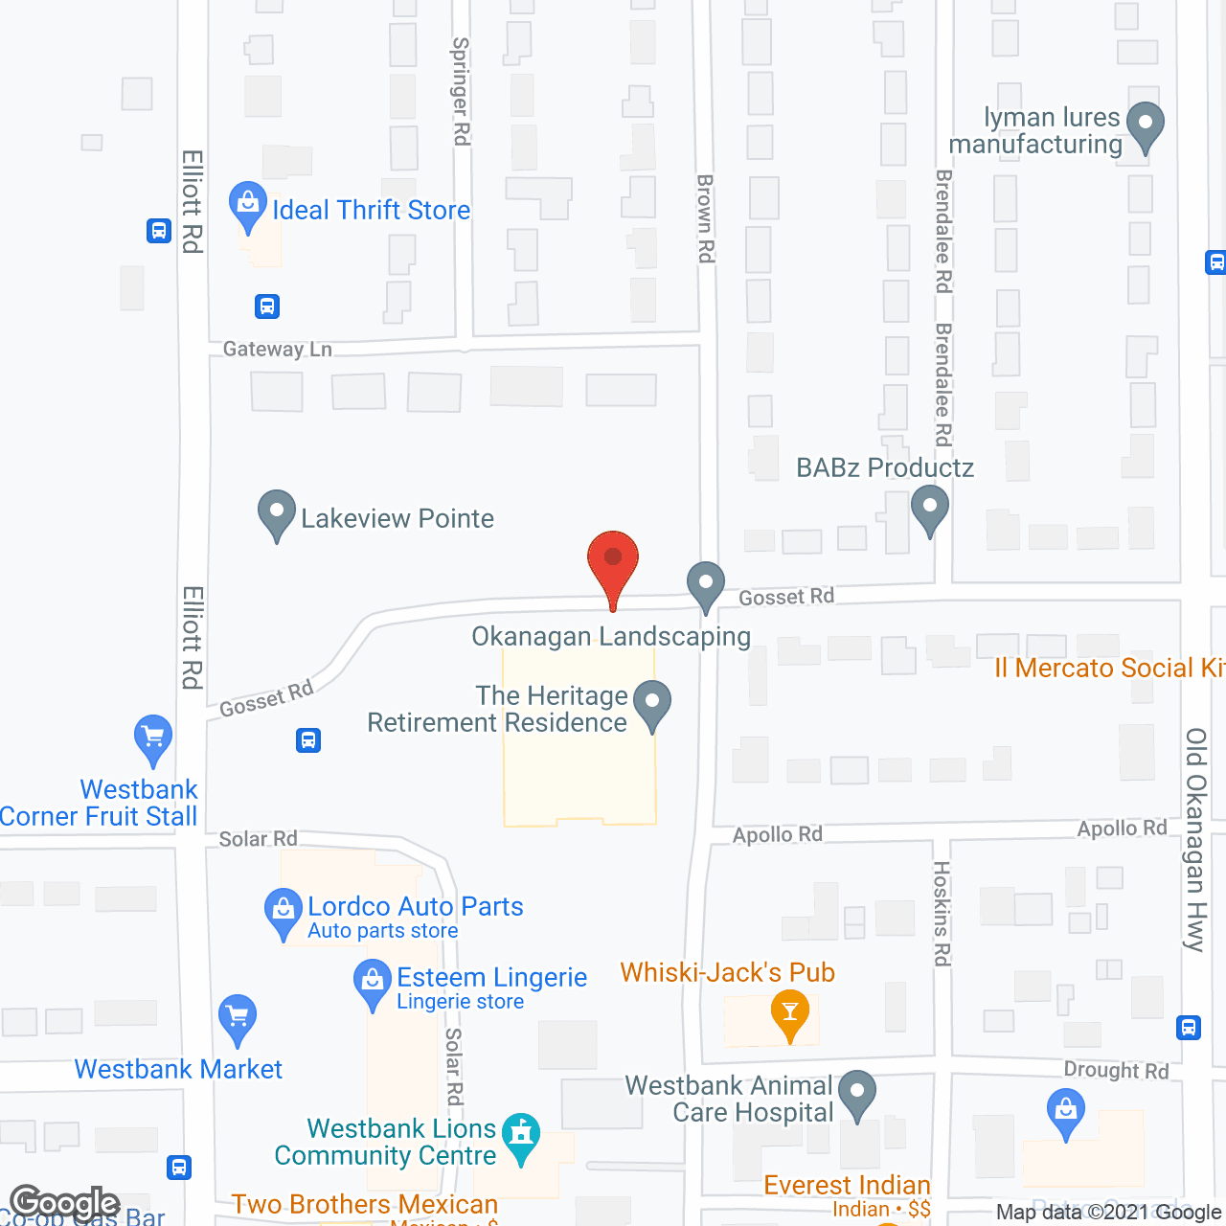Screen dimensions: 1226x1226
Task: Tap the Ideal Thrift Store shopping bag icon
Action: (x=248, y=205)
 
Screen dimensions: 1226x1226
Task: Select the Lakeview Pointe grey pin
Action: (x=277, y=513)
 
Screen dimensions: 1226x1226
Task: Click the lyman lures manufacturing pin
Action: (x=1145, y=125)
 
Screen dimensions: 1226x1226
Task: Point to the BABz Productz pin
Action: (x=929, y=508)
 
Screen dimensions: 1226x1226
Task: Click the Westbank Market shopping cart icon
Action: (x=238, y=1018)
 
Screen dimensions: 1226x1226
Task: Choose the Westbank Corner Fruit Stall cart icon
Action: (x=153, y=739)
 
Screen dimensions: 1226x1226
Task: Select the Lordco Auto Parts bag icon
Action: (x=283, y=911)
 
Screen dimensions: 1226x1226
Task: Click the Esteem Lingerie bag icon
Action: (x=373, y=983)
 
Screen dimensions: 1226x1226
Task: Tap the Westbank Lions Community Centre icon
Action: (x=521, y=1137)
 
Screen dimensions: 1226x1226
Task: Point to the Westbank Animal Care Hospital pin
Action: (x=857, y=1093)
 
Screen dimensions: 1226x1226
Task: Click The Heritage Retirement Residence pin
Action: (x=652, y=703)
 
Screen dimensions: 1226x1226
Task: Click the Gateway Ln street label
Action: (x=277, y=350)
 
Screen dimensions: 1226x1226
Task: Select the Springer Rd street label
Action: (x=461, y=91)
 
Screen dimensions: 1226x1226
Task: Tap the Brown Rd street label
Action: (x=706, y=218)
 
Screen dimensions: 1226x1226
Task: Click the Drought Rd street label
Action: (x=1116, y=1070)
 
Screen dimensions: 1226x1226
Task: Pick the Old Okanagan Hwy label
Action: (x=1195, y=839)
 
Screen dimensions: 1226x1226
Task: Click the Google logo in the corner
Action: (x=64, y=1203)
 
